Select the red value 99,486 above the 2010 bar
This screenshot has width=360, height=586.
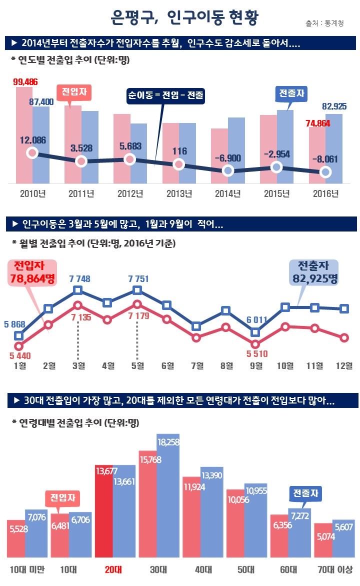coord(25,81)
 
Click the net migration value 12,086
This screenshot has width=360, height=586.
coord(32,140)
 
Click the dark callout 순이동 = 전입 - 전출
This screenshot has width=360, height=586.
coord(165,95)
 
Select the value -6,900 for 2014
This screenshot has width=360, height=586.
coord(227,158)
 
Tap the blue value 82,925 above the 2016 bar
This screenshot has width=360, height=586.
coord(334,106)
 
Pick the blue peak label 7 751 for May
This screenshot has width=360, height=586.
coord(137,278)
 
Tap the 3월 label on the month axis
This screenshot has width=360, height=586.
coord(78,366)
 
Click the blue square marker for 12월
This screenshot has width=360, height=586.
coord(344,308)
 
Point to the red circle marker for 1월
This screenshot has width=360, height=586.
coord(19,346)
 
